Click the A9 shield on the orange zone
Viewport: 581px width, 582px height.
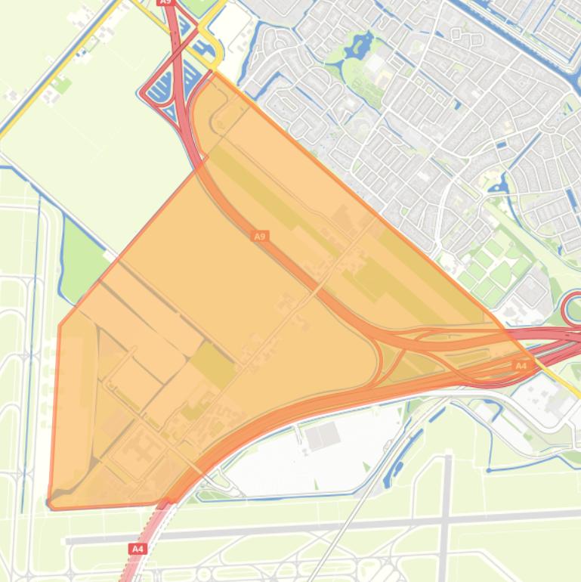(260, 237)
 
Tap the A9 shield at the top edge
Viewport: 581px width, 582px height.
(166, 3)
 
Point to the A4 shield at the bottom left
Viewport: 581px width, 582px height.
(138, 549)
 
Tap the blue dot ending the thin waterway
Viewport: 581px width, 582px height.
(489, 470)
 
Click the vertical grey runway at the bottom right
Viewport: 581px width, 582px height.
(447, 514)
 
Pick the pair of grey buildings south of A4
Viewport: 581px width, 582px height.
(323, 435)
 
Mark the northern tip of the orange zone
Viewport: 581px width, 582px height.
(216, 73)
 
